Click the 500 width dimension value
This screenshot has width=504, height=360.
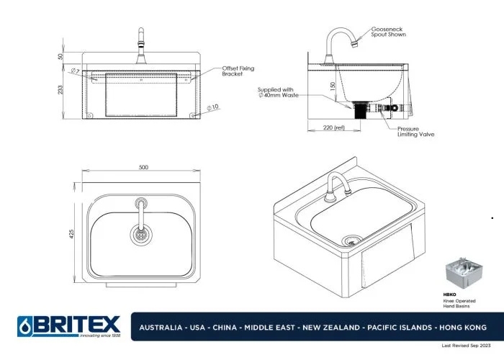click(x=143, y=167)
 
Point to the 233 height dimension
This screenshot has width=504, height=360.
click(x=62, y=89)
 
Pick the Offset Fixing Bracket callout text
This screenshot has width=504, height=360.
click(x=238, y=71)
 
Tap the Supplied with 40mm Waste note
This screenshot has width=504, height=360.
click(x=280, y=92)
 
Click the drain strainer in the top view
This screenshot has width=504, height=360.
click(x=142, y=233)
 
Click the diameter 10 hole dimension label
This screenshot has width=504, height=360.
click(x=213, y=107)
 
